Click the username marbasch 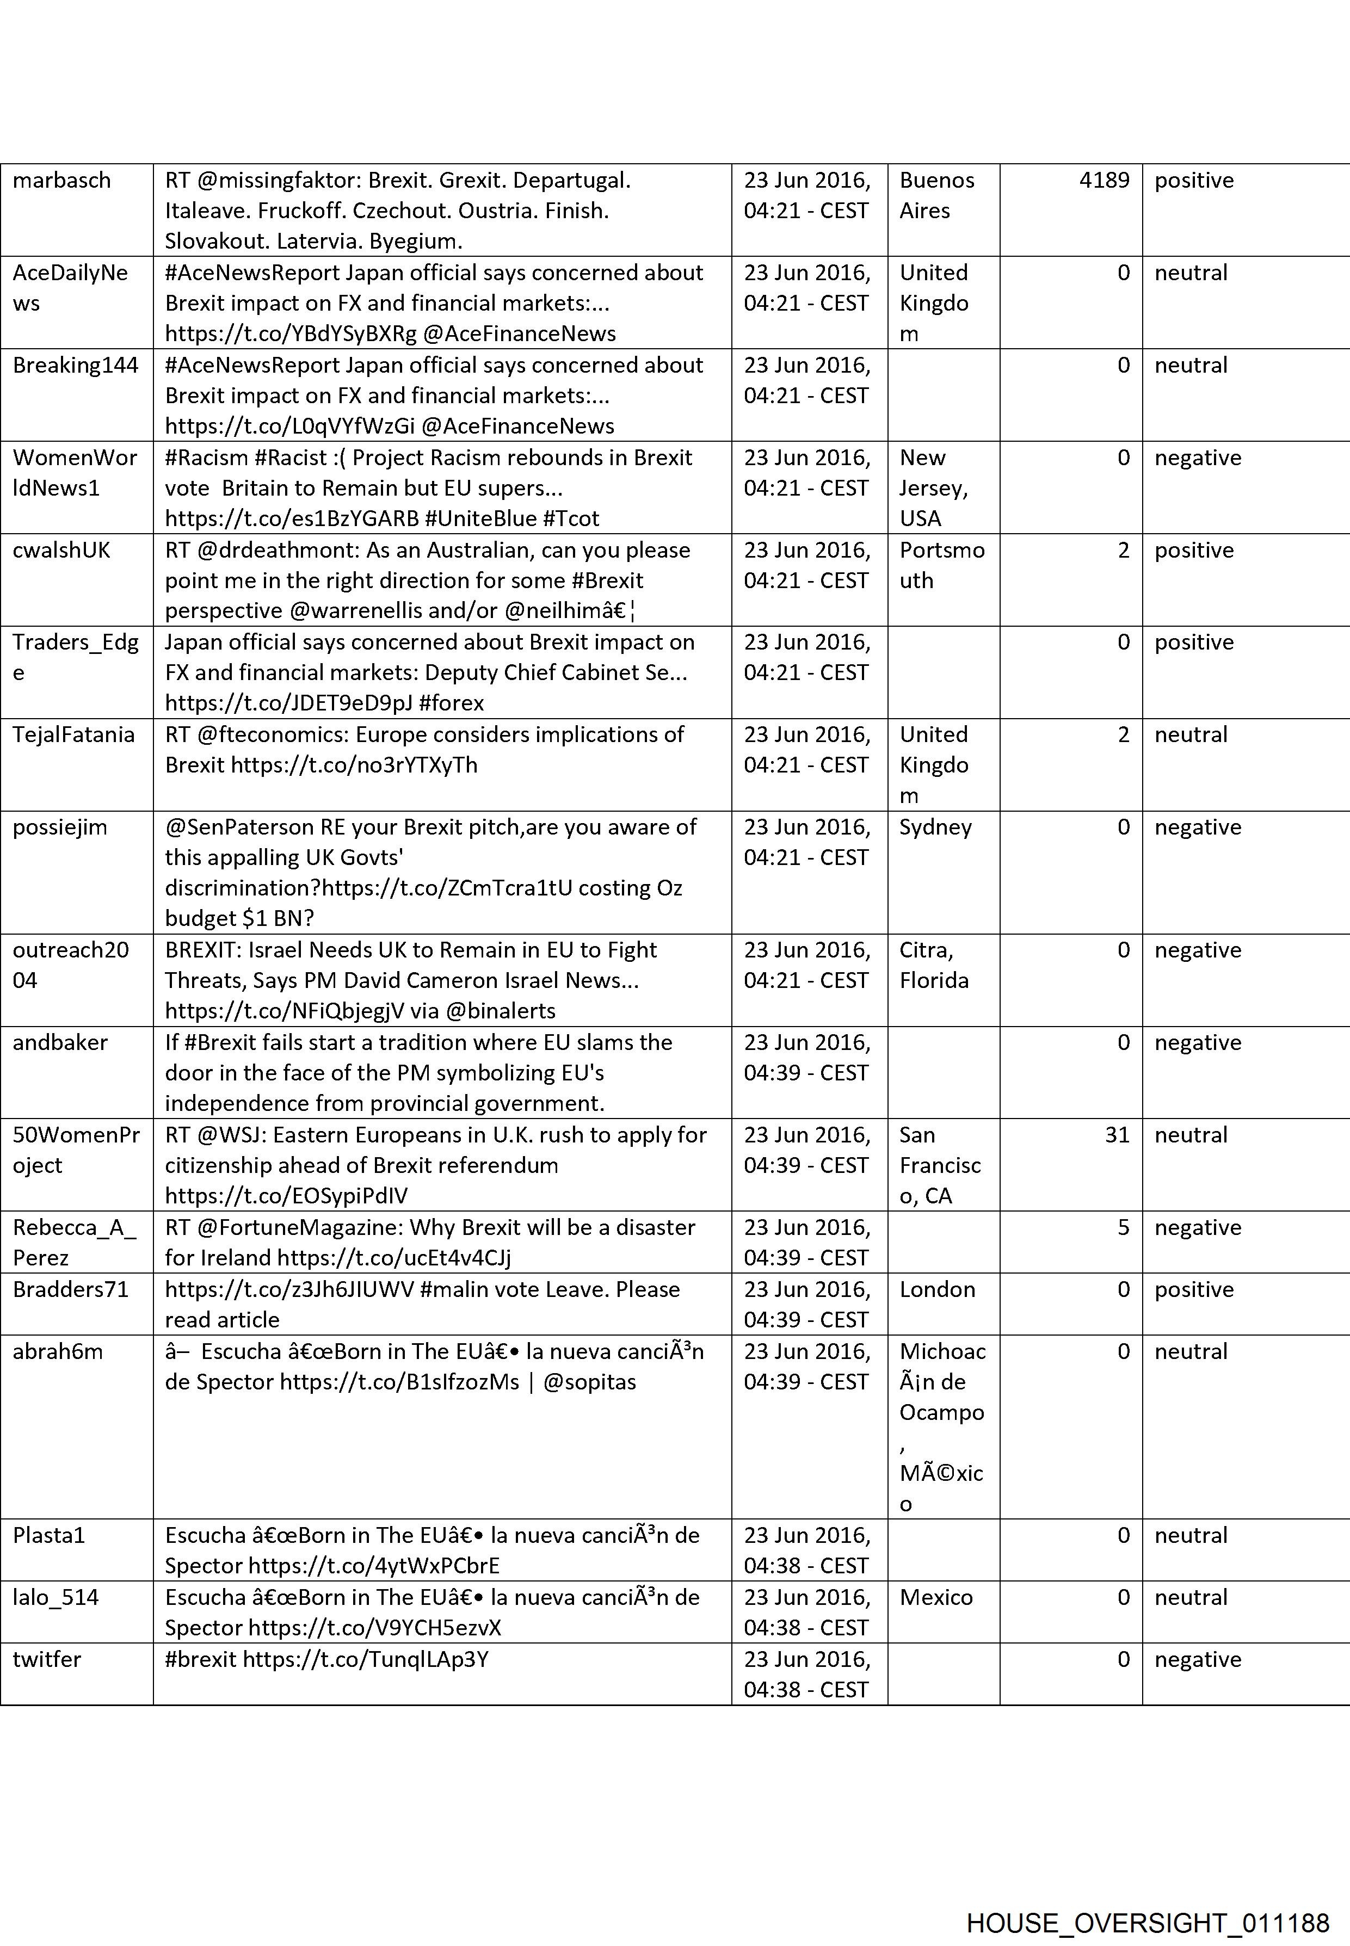coord(61,180)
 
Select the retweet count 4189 coord(1104,180)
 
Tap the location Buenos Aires coord(936,195)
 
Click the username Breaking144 coord(75,366)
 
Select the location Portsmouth coord(941,565)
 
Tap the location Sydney coord(935,827)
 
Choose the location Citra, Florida coord(934,965)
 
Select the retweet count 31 coord(1117,1135)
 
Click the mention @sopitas coord(589,1382)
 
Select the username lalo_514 coord(56,1598)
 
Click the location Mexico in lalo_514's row coord(935,1598)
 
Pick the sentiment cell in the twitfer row coord(1197,1659)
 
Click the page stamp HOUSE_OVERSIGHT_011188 coord(1147,1900)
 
